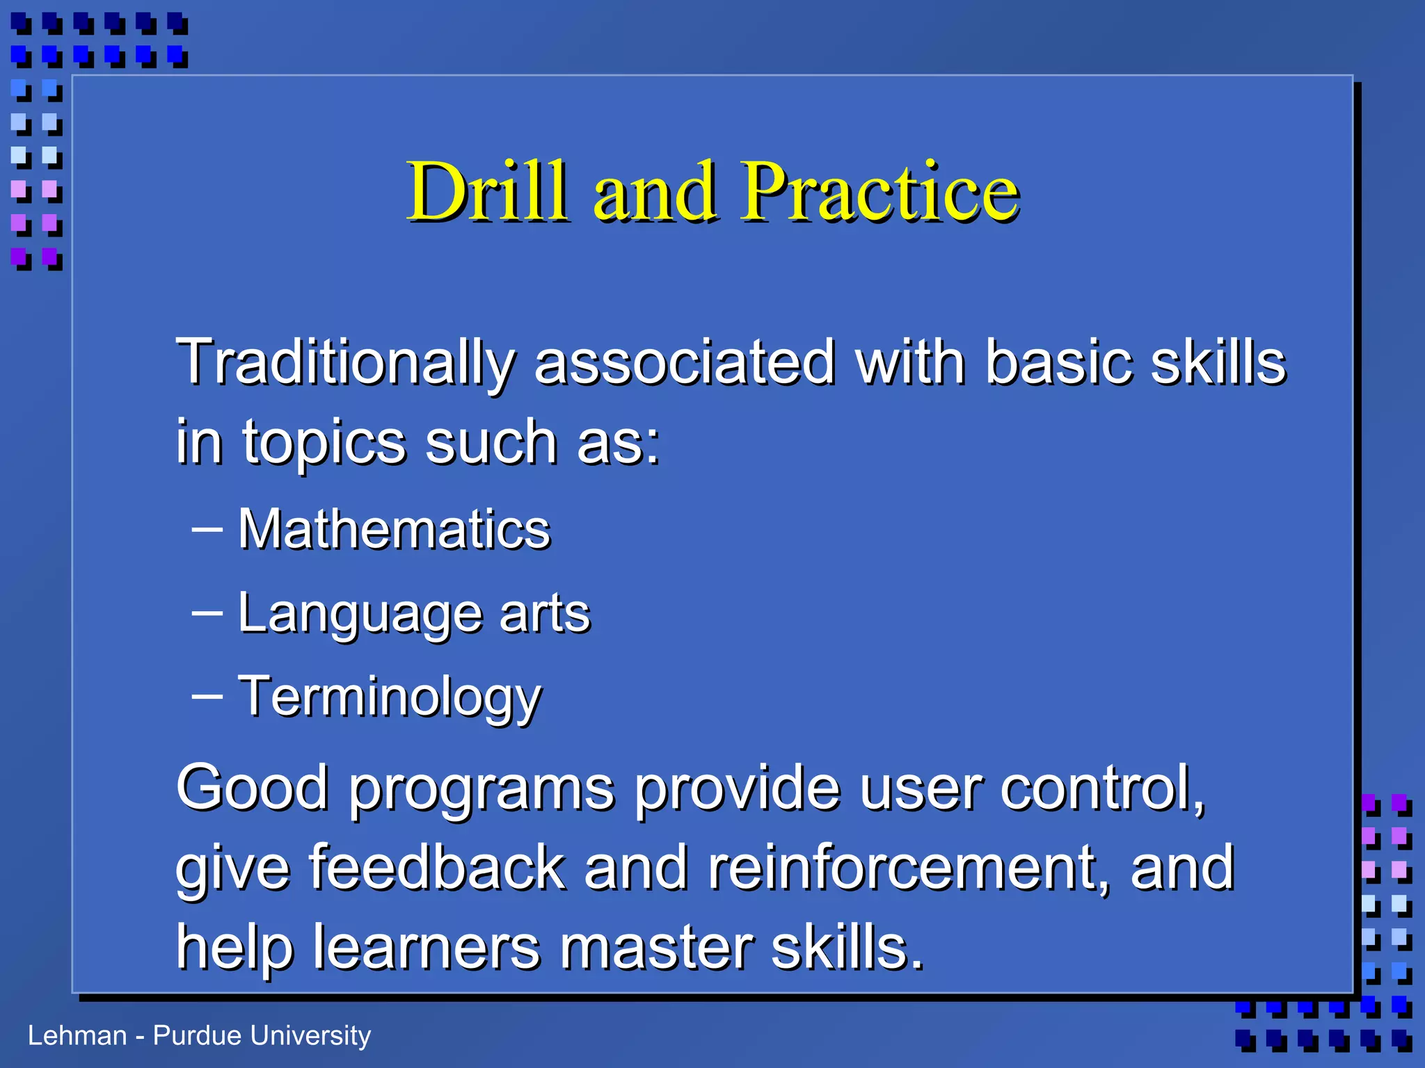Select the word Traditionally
tap(345, 363)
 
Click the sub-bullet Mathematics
tap(394, 529)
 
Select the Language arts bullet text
tap(413, 613)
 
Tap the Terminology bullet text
tap(389, 697)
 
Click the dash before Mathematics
tap(207, 529)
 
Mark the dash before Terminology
tap(207, 696)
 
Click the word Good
tap(252, 787)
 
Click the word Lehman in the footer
tap(77, 1035)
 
